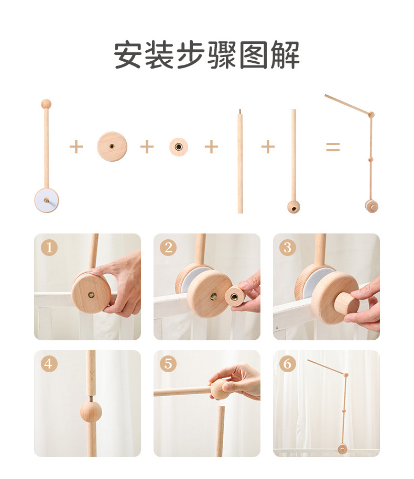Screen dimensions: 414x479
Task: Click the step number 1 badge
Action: tap(49, 247)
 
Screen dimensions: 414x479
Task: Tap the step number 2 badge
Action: tap(168, 247)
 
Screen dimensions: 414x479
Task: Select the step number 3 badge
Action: tap(287, 247)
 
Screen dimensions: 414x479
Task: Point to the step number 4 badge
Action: tap(49, 363)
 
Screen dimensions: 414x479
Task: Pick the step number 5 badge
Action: tap(168, 363)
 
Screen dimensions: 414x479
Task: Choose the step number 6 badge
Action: tap(287, 363)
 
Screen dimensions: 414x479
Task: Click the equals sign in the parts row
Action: tap(333, 147)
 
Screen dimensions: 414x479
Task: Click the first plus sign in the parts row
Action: tap(76, 147)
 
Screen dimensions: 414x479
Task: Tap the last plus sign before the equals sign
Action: tap(268, 147)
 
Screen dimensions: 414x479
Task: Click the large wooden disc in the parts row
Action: tap(112, 147)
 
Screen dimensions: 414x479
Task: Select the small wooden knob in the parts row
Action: tap(179, 147)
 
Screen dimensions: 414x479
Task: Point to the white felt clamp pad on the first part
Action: tap(47, 200)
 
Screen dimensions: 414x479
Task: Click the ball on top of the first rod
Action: tap(46, 104)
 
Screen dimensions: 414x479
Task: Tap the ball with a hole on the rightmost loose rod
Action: tap(293, 207)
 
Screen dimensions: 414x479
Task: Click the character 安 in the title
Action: tap(128, 55)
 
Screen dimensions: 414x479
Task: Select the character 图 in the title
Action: tap(254, 55)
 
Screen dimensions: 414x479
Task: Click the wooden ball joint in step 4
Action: tap(91, 412)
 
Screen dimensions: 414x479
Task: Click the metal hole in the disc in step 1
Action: tap(91, 295)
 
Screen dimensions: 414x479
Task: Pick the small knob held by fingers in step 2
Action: tap(235, 296)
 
